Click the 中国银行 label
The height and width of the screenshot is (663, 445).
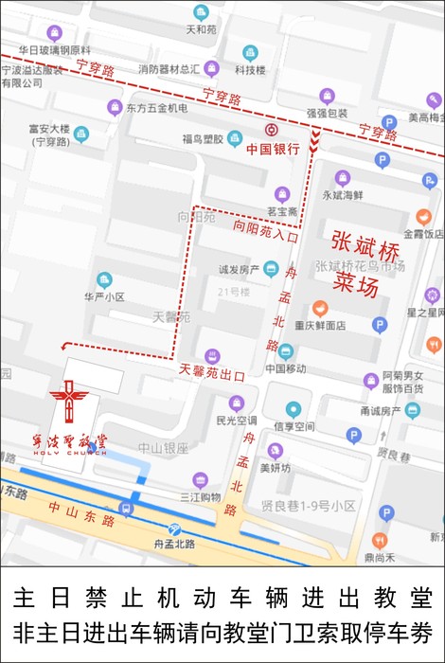point(273,149)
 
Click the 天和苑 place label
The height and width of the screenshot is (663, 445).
point(201,29)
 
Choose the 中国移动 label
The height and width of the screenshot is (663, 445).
point(285,368)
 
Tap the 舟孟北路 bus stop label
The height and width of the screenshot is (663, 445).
point(174,544)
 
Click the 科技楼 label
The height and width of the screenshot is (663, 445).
point(250,69)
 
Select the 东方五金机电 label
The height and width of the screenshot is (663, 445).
point(157,108)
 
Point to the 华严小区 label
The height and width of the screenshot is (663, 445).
point(104,296)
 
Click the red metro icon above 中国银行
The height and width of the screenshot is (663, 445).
point(272,131)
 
